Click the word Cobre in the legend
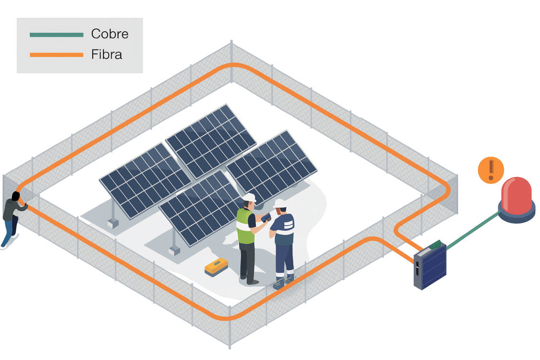(110, 33)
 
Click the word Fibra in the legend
(106, 55)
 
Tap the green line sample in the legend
(57, 35)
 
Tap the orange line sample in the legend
(57, 55)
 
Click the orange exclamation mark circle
(491, 169)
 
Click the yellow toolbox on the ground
(217, 267)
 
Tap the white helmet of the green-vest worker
(249, 198)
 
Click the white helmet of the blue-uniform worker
(280, 203)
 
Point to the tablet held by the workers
(266, 217)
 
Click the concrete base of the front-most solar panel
(174, 250)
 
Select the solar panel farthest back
(211, 141)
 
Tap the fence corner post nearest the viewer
(230, 327)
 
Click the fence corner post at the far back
(232, 62)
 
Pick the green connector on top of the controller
(435, 244)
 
